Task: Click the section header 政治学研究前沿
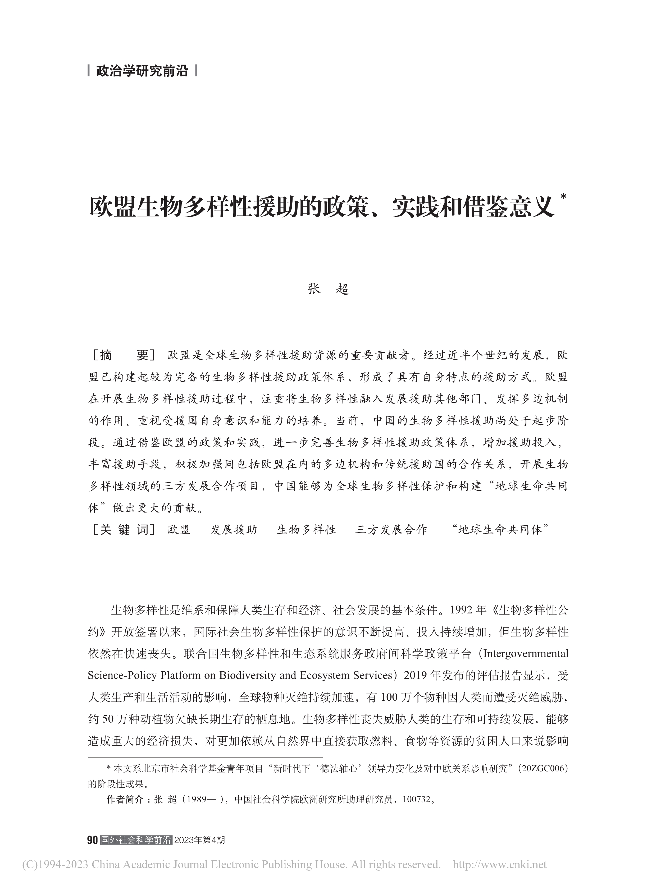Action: pyautogui.click(x=142, y=71)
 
